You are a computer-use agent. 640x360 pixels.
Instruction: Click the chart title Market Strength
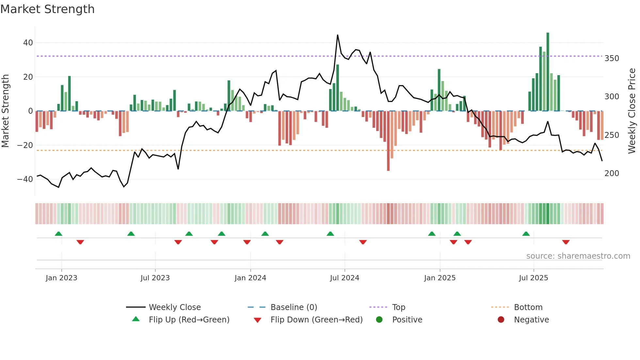47,9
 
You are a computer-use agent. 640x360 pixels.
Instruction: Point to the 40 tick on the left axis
28,43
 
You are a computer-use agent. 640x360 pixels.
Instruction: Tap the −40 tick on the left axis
25,179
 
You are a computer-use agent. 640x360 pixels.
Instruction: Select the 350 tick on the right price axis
612,58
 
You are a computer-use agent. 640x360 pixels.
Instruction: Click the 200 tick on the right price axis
612,173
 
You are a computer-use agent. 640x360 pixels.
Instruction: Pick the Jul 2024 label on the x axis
344,278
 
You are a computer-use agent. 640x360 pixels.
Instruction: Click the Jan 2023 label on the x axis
61,278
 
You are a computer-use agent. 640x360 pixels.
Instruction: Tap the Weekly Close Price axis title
632,111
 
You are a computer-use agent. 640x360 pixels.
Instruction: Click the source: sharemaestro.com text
578,256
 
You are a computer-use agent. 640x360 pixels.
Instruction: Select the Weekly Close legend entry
175,307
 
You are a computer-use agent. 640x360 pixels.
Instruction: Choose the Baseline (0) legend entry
294,307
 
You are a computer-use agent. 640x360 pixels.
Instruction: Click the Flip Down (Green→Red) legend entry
316,320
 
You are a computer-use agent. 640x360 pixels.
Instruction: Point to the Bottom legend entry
528,307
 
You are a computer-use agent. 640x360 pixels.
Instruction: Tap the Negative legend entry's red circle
501,320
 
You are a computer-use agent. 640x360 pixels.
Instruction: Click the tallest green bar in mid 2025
548,72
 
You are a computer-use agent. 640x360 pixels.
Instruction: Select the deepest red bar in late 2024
388,140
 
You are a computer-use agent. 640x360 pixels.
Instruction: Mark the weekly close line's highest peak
338,35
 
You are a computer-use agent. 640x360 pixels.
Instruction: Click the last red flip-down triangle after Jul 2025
566,242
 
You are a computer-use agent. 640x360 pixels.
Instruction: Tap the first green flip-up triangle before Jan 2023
58,234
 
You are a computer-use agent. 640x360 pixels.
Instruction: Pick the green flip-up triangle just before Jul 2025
526,234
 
